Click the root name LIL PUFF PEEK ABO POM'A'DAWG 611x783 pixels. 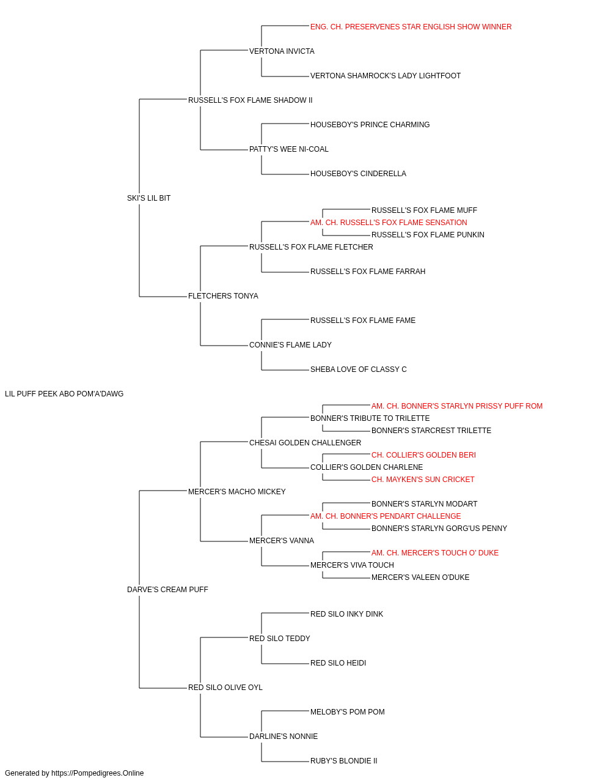[x=64, y=394]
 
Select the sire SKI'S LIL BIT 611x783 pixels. [x=148, y=198]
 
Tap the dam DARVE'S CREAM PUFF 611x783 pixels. [x=167, y=590]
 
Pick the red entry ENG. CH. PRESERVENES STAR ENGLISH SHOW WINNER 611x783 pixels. [x=411, y=27]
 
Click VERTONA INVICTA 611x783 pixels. [x=282, y=51]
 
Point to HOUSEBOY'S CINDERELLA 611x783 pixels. [x=358, y=174]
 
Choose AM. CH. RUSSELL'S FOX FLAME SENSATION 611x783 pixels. [x=389, y=223]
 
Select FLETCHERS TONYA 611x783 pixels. [x=223, y=296]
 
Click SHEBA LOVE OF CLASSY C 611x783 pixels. [x=359, y=369]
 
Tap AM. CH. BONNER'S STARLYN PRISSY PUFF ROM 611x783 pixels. [x=457, y=406]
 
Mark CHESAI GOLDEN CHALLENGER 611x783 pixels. [x=305, y=443]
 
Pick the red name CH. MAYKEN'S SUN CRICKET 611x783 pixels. [x=423, y=480]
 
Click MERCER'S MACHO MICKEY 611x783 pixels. [x=237, y=492]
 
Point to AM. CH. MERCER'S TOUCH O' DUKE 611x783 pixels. [x=435, y=553]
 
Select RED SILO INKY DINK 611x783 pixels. [x=346, y=614]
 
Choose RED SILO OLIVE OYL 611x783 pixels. [x=225, y=688]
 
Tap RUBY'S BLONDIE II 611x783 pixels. [x=343, y=760]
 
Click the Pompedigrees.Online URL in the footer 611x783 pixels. [x=97, y=773]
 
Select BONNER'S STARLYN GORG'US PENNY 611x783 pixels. [x=439, y=529]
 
